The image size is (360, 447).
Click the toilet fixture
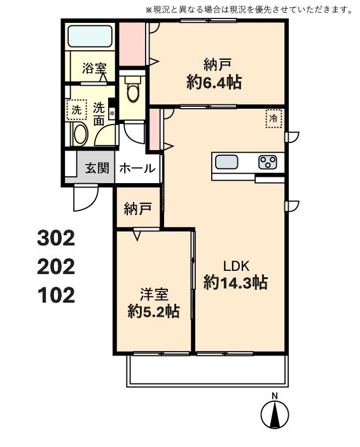coord(133,90)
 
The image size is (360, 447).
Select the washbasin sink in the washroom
coord(80,134)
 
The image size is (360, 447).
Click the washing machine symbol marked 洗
coord(76,110)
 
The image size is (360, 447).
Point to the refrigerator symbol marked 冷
coord(273,118)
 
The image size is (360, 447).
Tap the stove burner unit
coord(267,162)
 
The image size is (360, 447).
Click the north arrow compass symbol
coord(275,415)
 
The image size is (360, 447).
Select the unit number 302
coord(56,238)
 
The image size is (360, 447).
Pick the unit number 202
coord(56,266)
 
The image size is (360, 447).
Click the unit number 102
coord(56,295)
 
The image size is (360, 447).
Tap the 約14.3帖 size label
coord(235,283)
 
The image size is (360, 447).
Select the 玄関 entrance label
coord(97,168)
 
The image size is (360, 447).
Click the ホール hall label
coord(137,168)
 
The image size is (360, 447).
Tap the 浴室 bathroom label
coord(93,68)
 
